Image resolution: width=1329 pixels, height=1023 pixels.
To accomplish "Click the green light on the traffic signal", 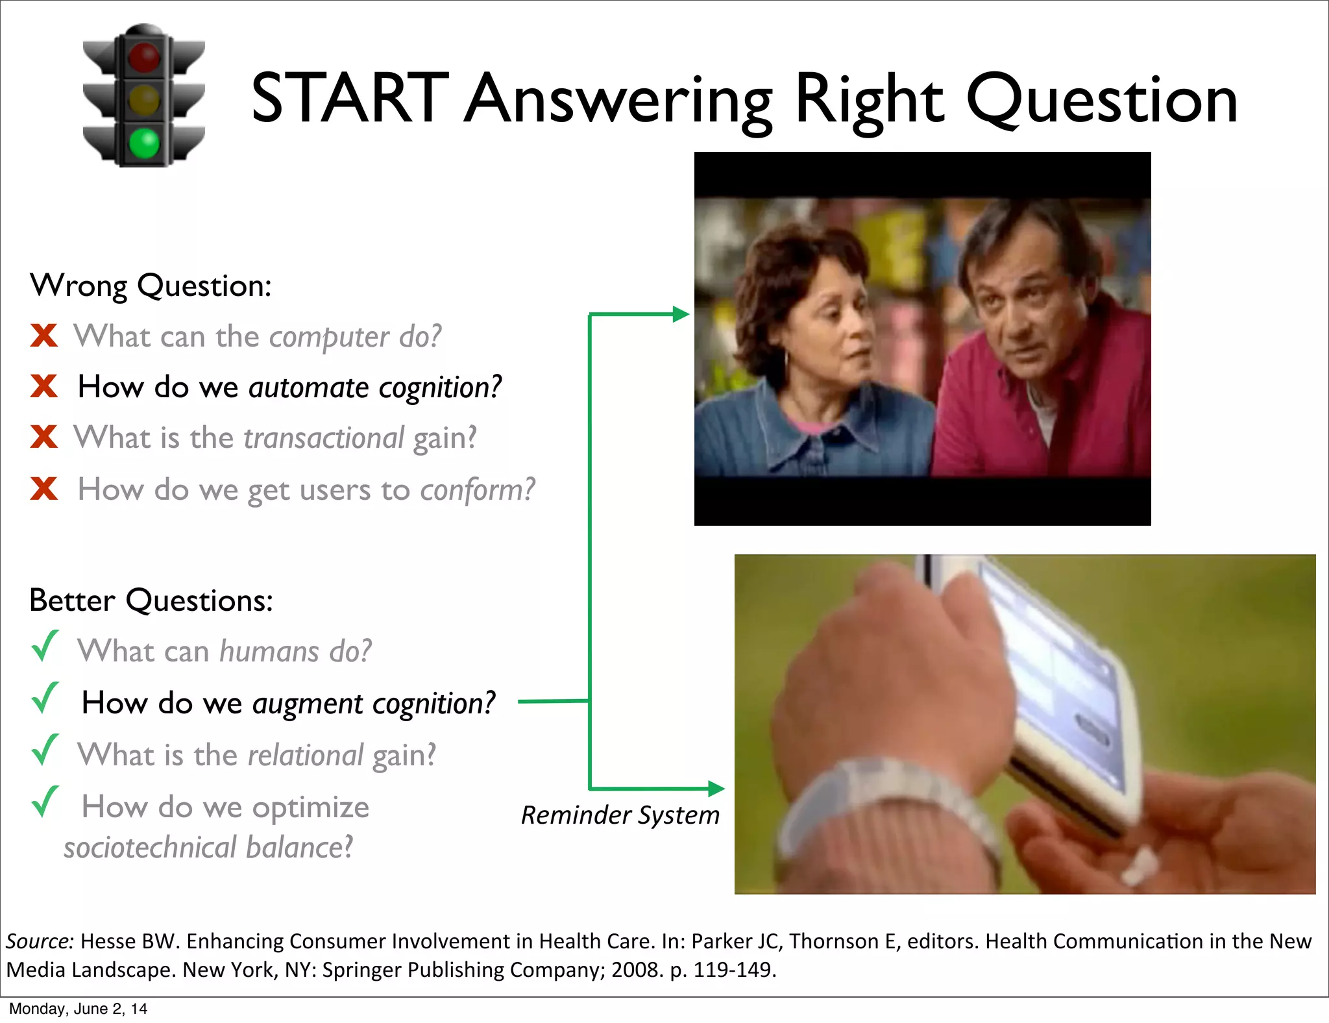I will (144, 143).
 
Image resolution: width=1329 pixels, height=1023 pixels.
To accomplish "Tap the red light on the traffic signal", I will (144, 56).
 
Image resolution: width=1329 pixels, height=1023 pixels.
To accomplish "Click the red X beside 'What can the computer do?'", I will (44, 336).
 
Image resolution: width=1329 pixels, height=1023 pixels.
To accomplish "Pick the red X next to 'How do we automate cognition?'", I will (44, 386).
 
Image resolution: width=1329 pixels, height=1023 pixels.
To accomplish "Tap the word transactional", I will (324, 438).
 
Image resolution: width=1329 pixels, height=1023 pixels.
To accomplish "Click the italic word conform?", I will (478, 489).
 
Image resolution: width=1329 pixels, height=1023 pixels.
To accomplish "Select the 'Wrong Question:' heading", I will (151, 286).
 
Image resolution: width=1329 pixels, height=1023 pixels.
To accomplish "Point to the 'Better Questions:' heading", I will (151, 600).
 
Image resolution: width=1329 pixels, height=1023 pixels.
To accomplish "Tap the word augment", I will (308, 704).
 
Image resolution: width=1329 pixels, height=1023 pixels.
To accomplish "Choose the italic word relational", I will (306, 756).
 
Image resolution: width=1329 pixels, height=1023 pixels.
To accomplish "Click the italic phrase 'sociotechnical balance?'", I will (208, 848).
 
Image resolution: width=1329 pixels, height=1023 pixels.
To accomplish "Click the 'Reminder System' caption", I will (620, 815).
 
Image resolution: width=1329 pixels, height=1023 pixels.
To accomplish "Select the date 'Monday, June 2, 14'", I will (78, 1009).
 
